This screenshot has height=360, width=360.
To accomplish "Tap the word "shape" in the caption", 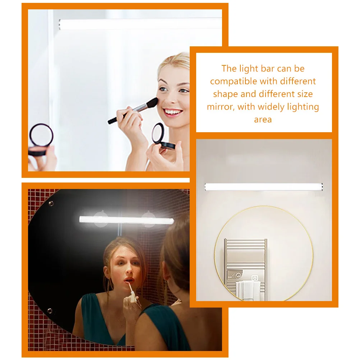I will [x=225, y=94].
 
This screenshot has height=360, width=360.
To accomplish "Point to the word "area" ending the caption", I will [x=263, y=120].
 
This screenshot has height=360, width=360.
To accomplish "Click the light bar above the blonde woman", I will [x=140, y=24].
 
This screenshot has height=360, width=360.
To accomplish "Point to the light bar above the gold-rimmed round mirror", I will [x=264, y=187].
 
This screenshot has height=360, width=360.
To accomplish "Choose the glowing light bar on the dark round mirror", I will [x=126, y=220].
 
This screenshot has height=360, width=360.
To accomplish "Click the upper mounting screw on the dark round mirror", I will [x=51, y=204].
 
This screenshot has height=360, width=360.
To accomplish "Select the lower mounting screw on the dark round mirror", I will [x=49, y=310].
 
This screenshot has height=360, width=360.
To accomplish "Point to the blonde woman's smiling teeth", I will [x=173, y=112].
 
